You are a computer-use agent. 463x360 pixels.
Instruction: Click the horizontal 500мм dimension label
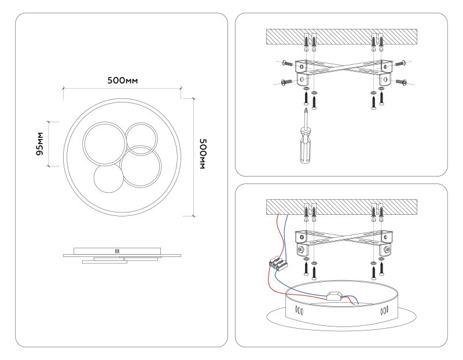[122, 80]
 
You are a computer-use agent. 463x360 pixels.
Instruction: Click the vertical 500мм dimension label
[202, 153]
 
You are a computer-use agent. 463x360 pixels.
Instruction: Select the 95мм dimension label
[39, 144]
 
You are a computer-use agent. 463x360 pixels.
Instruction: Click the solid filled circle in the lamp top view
[108, 179]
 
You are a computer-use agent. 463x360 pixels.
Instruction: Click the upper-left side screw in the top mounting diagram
[288, 63]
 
